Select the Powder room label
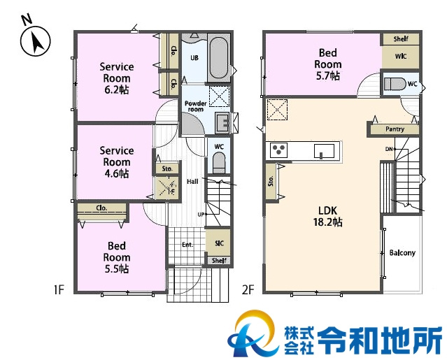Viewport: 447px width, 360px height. click(194, 106)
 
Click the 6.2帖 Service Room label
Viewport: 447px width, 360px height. click(117, 78)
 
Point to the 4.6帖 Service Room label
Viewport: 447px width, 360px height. click(116, 162)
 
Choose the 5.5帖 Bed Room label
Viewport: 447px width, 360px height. click(116, 257)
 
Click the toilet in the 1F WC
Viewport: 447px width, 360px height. click(218, 164)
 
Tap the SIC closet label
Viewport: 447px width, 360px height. click(219, 243)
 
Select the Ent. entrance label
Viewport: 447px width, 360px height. click(187, 245)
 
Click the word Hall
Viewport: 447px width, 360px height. click(192, 182)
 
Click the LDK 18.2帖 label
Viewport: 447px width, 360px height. click(327, 215)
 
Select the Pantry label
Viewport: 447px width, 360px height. click(395, 129)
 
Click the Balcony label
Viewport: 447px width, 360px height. click(402, 253)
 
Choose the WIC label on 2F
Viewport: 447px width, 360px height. click(401, 56)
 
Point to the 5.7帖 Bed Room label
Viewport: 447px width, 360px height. click(327, 64)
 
